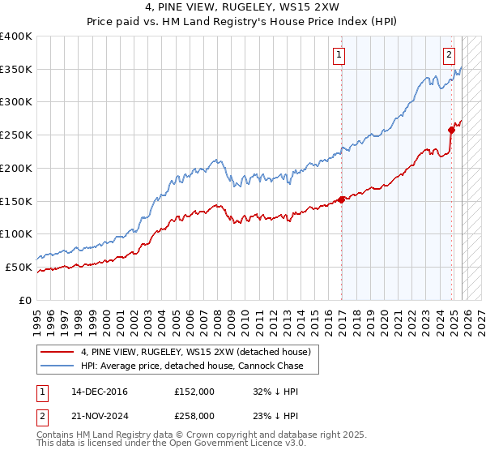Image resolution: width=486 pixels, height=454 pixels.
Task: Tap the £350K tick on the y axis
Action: click(16, 70)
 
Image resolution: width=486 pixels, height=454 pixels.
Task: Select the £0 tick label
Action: click(26, 300)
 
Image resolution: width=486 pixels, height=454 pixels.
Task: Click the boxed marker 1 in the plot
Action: click(339, 55)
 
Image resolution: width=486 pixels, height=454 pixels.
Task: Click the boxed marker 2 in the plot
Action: click(449, 55)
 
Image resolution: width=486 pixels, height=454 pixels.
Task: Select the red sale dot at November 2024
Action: click(451, 130)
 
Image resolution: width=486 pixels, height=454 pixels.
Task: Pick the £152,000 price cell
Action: click(194, 392)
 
